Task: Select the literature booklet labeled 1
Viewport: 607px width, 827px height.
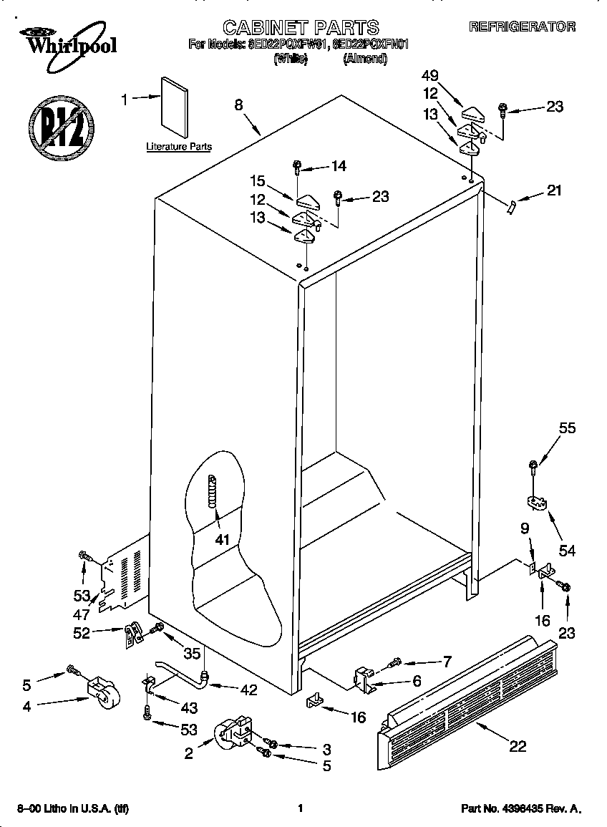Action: click(173, 106)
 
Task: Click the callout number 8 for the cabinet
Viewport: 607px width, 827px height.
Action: click(238, 105)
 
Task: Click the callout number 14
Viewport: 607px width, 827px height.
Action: click(338, 166)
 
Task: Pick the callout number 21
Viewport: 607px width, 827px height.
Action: click(554, 190)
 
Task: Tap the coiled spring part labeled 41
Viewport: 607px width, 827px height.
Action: click(212, 492)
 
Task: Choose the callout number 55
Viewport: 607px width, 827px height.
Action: click(567, 430)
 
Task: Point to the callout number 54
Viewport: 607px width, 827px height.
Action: click(567, 551)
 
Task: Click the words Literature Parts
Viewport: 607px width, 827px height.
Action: click(179, 147)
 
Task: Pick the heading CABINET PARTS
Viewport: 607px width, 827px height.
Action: click(301, 27)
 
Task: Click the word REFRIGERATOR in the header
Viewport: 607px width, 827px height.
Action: click(523, 27)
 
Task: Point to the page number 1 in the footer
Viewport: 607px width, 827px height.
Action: click(301, 808)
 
